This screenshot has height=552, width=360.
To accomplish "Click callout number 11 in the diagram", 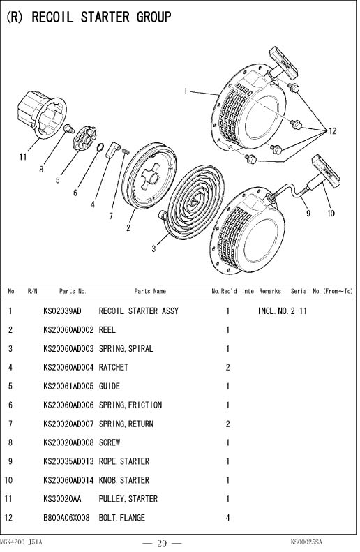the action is (23, 156).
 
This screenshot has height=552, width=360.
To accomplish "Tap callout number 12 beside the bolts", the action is (333, 131).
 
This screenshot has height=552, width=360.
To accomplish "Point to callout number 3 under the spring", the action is (153, 249).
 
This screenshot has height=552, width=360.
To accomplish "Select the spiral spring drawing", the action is (193, 202).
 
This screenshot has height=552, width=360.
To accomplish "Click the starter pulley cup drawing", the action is (42, 114).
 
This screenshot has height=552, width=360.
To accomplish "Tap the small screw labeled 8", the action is (69, 128).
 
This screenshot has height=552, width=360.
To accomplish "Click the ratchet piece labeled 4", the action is (113, 150).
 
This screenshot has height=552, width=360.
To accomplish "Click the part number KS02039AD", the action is (62, 311).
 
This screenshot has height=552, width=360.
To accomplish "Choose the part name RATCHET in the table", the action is (113, 368).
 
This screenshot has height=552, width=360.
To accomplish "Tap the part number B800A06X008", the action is (66, 518).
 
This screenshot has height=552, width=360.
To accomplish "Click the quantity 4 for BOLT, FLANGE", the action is (227, 518).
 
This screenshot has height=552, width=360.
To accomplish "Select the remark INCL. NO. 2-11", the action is (283, 311).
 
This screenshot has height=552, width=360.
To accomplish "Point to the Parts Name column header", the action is (150, 291).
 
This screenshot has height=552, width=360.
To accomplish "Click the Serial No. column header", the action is (322, 291).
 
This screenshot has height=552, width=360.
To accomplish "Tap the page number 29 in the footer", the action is (162, 544).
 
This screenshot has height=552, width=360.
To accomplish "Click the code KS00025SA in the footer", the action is (306, 542).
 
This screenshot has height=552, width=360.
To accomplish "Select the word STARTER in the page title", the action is (105, 17).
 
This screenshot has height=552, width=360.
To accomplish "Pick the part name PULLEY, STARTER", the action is (128, 499).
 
